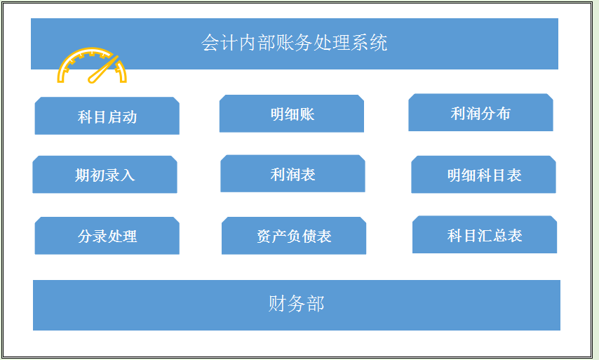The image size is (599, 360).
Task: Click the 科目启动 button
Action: (107, 116)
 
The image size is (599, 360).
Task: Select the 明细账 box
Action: (292, 114)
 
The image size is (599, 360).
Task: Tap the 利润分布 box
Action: (480, 113)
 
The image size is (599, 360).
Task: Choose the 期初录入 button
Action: (105, 175)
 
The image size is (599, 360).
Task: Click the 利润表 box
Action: (292, 174)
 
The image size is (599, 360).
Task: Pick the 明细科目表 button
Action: (483, 175)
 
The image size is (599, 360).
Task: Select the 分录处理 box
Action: (107, 236)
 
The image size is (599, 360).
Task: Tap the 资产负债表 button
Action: (294, 236)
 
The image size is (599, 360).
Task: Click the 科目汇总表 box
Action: (484, 236)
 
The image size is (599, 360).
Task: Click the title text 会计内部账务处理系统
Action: (294, 44)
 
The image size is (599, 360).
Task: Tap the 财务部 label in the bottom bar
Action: (296, 304)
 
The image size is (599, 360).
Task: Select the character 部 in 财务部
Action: (315, 304)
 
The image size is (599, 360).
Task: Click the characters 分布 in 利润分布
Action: (496, 113)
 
